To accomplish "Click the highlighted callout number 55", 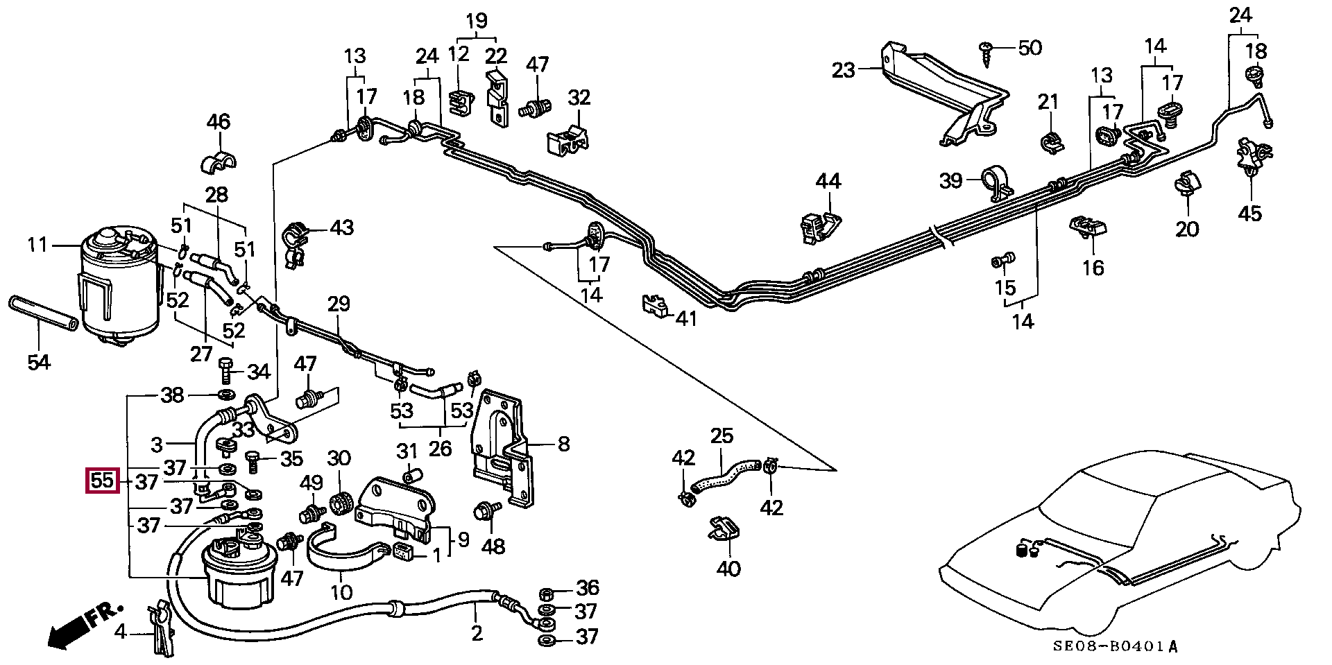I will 102,481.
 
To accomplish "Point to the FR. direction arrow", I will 83,625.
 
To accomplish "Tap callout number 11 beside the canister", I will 37,245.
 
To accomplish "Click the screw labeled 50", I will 988,51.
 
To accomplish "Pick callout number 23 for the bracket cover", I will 844,70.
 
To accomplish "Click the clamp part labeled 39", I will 998,182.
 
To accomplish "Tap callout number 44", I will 828,182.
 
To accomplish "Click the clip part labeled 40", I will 723,530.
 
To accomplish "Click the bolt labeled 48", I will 485,512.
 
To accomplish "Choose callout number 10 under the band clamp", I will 341,591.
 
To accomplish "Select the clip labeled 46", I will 218,163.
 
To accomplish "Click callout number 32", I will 579,98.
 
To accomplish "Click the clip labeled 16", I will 1086,226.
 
